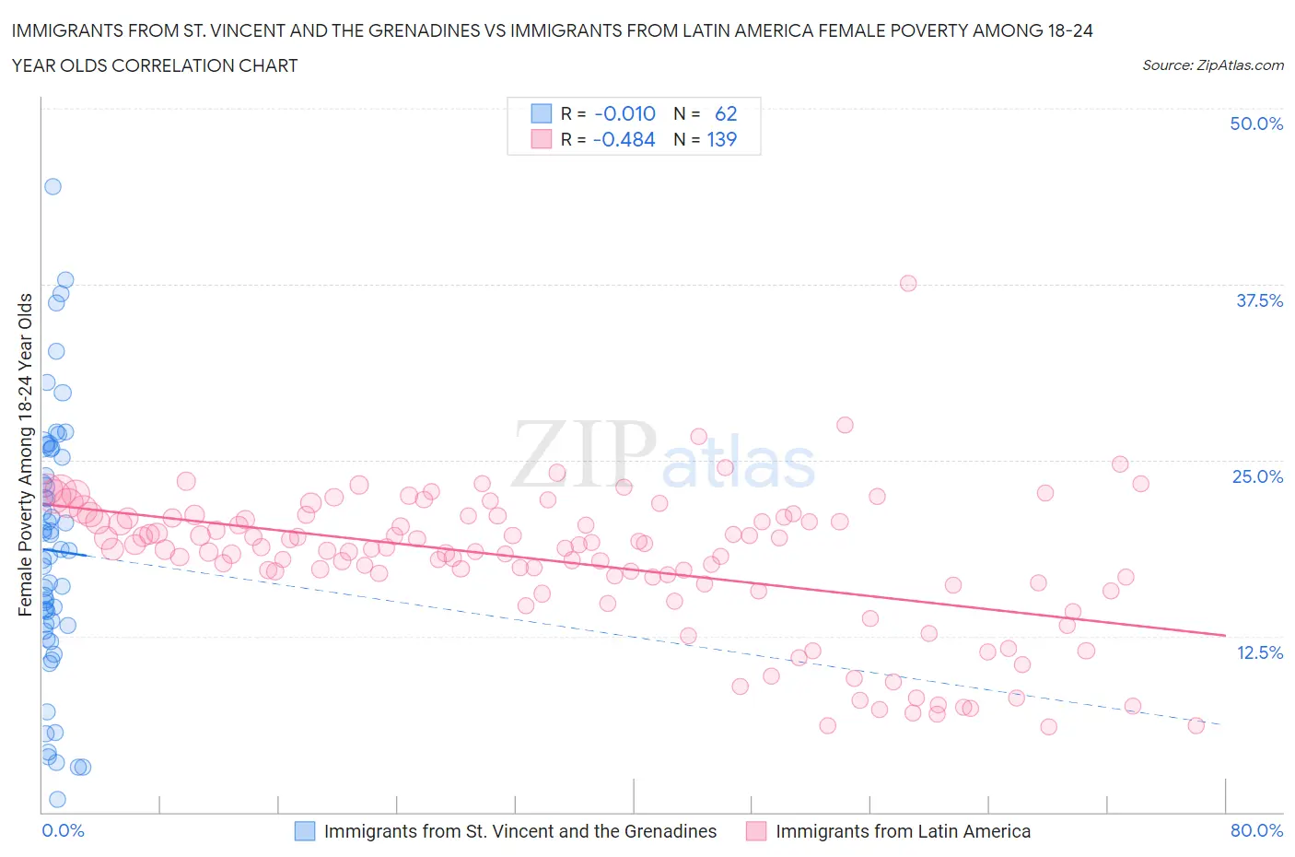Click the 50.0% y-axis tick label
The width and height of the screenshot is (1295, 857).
1255,123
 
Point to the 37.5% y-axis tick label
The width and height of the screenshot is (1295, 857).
1258,300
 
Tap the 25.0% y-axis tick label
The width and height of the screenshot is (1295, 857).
1256,476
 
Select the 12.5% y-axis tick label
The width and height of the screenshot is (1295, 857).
1258,652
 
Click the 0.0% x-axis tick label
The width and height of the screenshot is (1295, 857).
63,830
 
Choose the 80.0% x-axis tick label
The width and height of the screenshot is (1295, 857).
1256,830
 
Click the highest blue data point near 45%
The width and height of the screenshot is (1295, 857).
52,186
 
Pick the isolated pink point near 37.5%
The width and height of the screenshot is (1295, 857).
908,283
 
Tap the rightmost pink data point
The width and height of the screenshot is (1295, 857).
1196,725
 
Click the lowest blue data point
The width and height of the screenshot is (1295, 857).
57,799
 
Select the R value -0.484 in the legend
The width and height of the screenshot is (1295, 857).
624,139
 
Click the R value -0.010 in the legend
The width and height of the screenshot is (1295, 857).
624,113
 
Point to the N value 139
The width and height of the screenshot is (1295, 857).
721,139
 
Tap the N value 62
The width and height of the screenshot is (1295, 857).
726,113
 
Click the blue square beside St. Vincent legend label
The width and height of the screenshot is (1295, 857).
305,831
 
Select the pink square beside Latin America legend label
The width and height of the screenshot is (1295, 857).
756,831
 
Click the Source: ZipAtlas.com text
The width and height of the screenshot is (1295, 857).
1212,65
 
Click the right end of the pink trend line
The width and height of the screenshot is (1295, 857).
1225,635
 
